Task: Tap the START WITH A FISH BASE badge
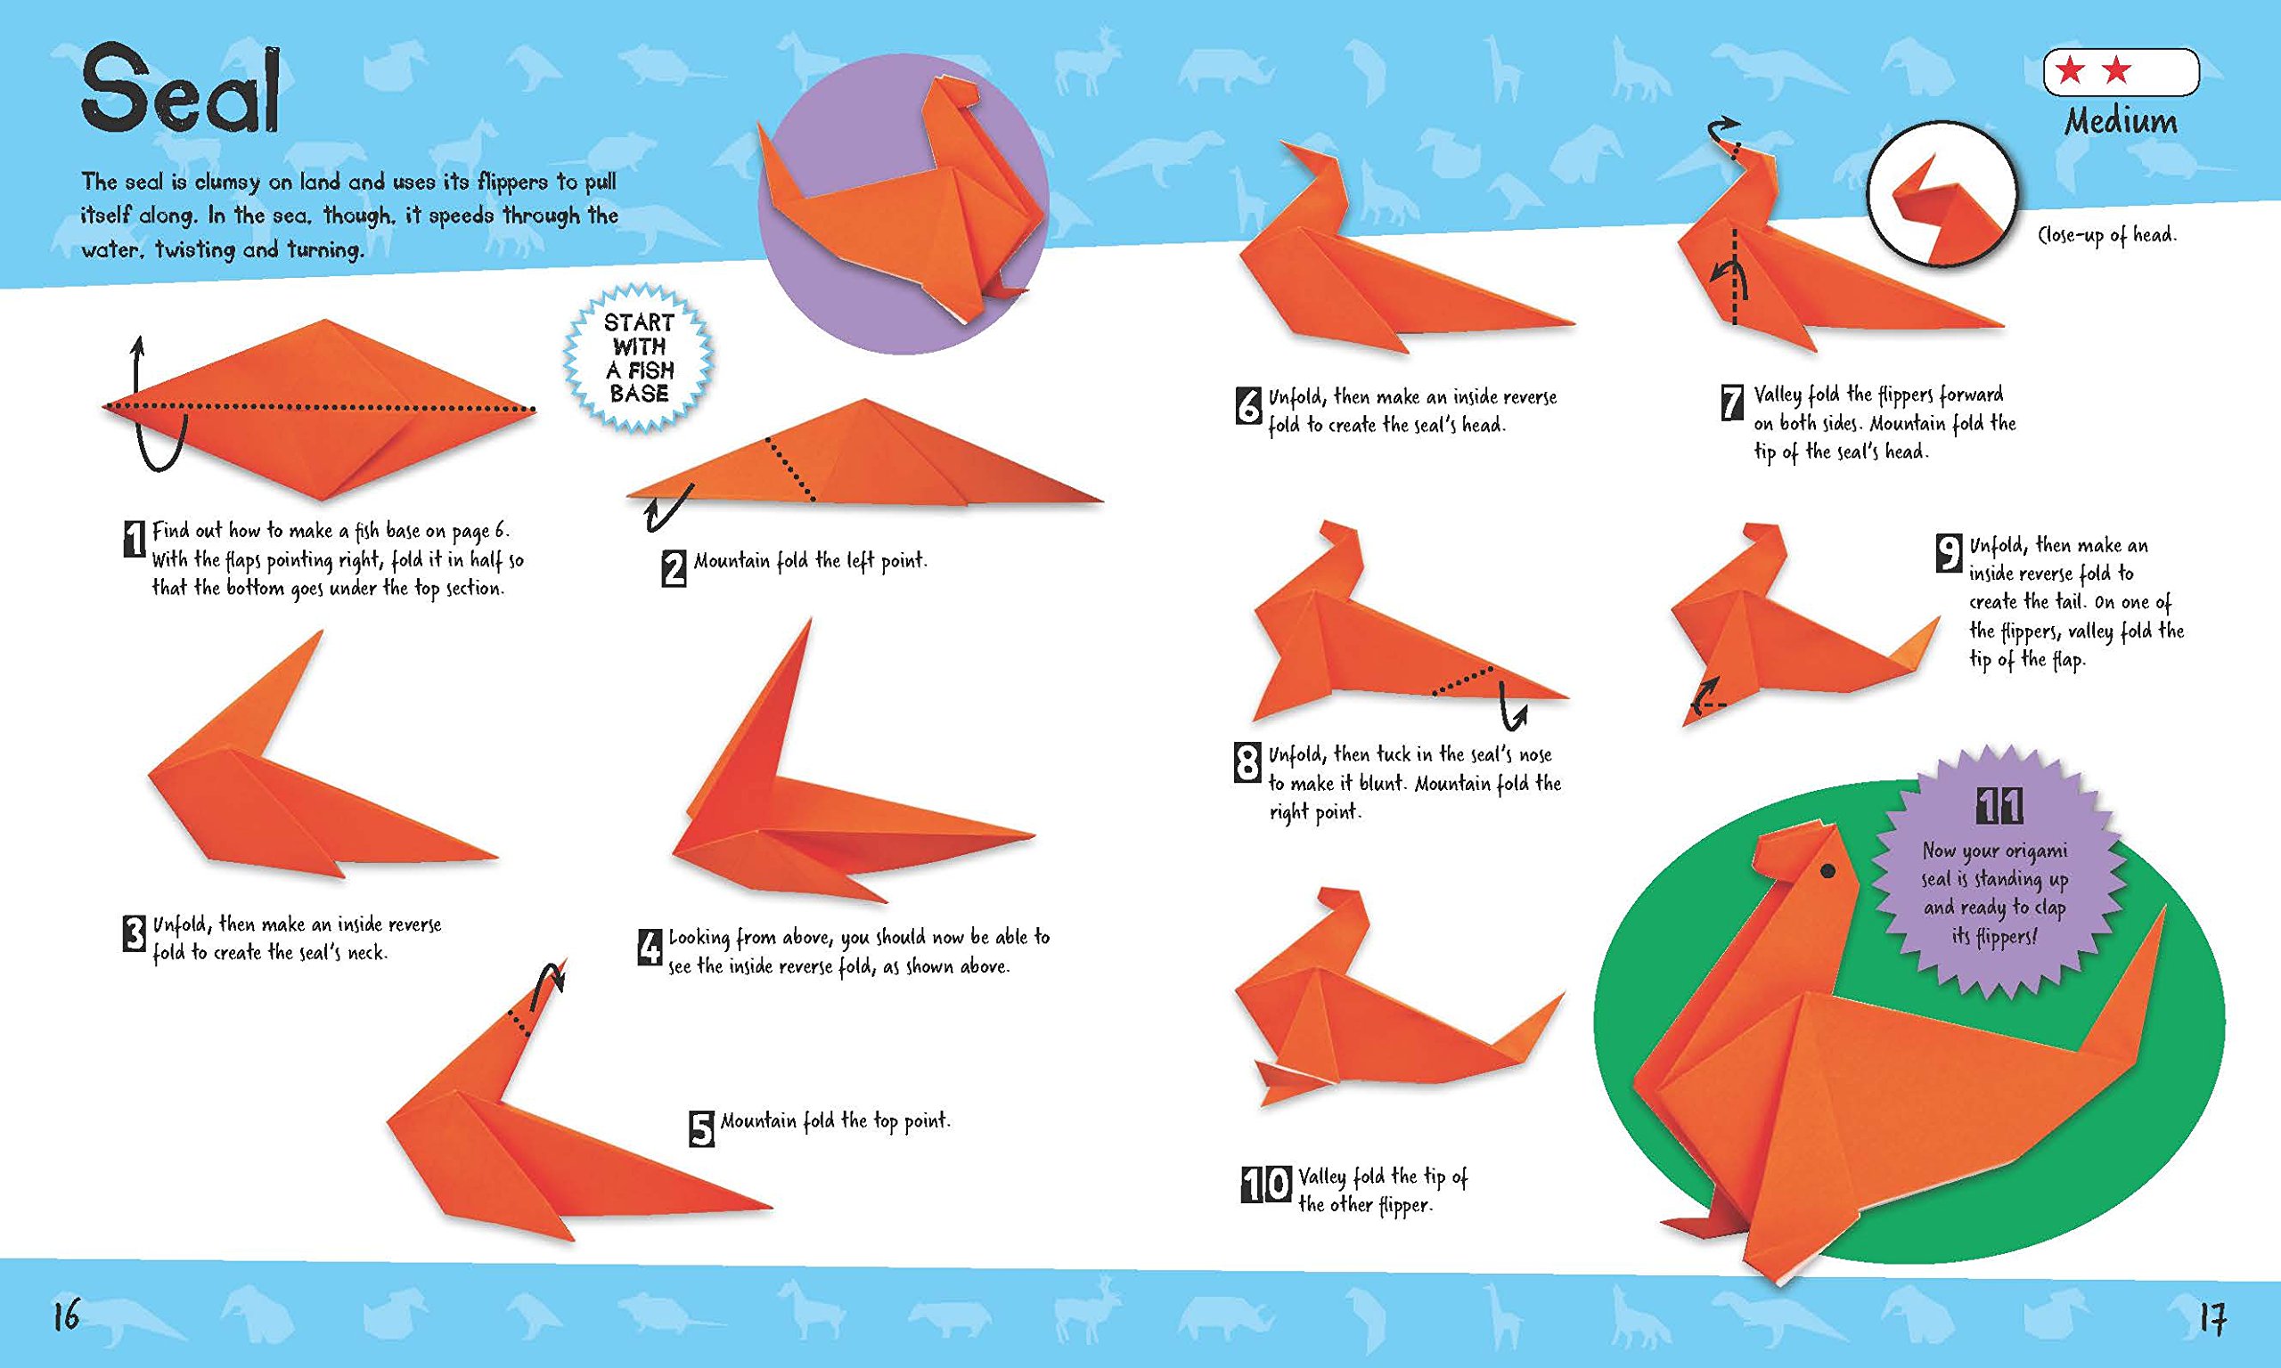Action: coord(639,359)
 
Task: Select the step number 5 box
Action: coord(701,1128)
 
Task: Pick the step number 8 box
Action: coord(1247,763)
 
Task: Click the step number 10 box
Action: coord(1266,1185)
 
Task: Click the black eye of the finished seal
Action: coord(1827,870)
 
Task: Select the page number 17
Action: coord(2212,1317)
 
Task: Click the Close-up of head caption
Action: coord(2106,235)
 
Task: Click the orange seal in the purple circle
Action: coord(903,212)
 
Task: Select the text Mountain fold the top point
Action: coord(834,1121)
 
